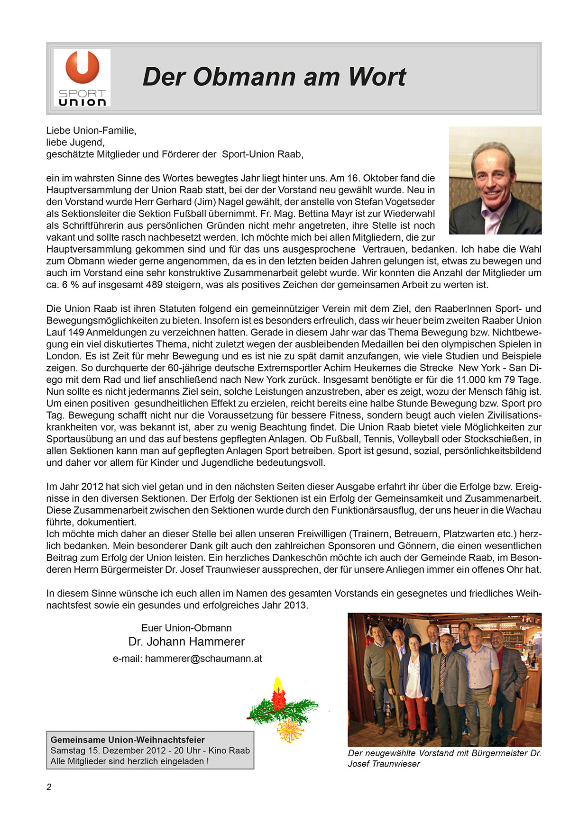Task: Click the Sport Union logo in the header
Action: pyautogui.click(x=82, y=78)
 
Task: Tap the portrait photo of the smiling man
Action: pyautogui.click(x=495, y=180)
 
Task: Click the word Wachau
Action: pyautogui.click(x=523, y=510)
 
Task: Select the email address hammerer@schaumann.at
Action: pyautogui.click(x=203, y=659)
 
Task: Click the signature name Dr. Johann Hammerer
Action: pyautogui.click(x=186, y=642)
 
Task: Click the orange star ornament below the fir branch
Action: pyautogui.click(x=290, y=730)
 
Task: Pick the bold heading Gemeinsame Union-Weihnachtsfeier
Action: pyautogui.click(x=128, y=740)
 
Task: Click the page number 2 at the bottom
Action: pyautogui.click(x=49, y=787)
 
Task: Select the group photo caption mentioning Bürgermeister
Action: pyautogui.click(x=444, y=759)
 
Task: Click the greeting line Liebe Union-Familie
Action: pyautogui.click(x=91, y=130)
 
